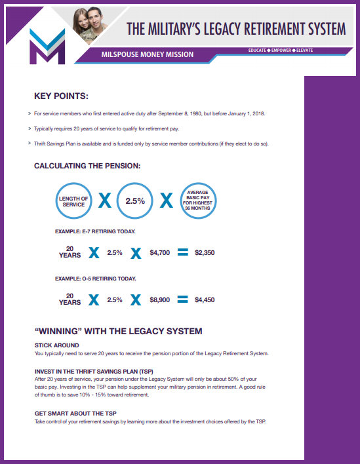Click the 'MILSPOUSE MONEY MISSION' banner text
(148, 54)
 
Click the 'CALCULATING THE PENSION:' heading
(87, 166)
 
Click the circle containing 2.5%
(134, 201)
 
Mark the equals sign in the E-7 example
(183, 252)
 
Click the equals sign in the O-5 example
(183, 300)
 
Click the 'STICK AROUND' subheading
(56, 345)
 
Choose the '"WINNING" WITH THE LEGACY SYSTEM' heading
(118, 331)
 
